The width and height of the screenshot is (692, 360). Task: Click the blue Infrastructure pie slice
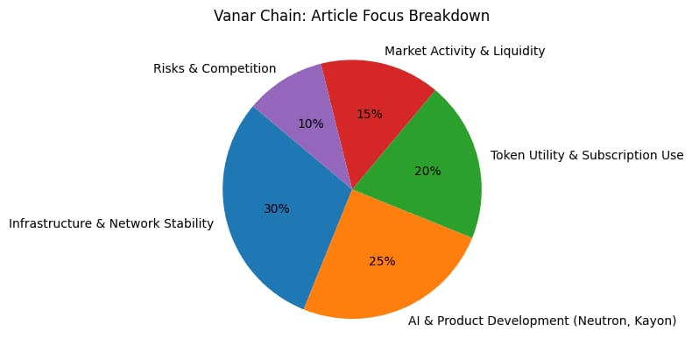pos(263,236)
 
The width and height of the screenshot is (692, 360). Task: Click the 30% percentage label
pos(277,208)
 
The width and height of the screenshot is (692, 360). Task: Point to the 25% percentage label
pos(382,261)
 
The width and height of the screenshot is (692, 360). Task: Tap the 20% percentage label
pos(427,171)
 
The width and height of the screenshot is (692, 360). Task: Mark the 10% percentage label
pos(310,124)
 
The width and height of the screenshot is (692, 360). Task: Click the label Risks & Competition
pos(215,67)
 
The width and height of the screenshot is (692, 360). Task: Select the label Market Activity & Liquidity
pos(465,51)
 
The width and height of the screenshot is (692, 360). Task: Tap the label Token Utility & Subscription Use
pos(586,156)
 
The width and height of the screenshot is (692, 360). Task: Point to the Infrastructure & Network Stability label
pos(111,223)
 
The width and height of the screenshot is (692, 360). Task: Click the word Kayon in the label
pos(653,321)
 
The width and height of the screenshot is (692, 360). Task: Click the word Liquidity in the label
pos(517,51)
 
